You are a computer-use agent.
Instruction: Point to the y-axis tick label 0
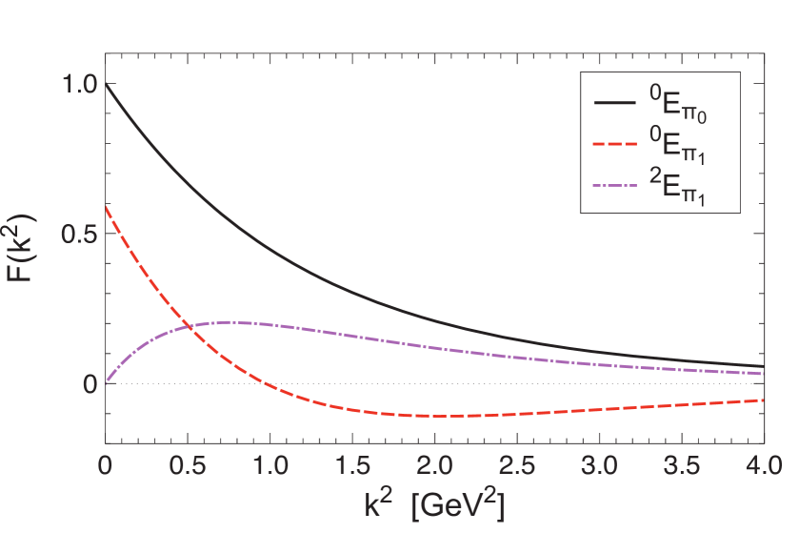[90, 384]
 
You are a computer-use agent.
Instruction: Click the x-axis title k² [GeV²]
[434, 502]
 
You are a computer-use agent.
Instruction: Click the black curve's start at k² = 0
[106, 84]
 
